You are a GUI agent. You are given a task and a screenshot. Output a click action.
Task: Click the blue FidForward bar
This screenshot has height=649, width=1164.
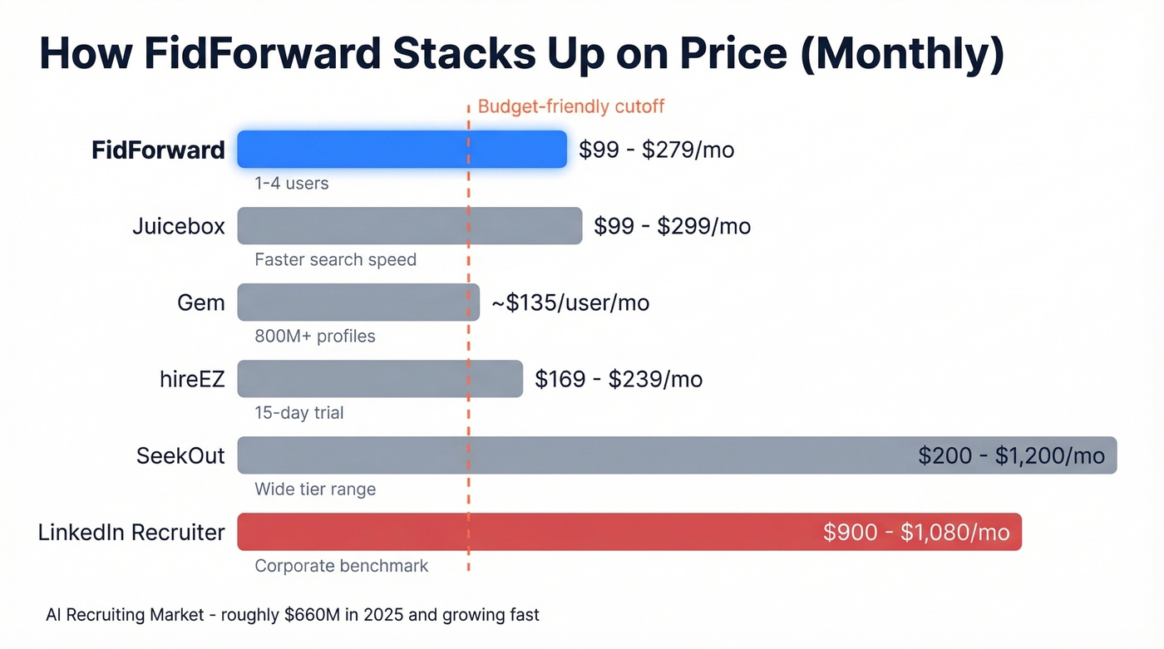tap(402, 150)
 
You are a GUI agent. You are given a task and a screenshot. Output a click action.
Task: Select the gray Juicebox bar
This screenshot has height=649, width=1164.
tap(409, 226)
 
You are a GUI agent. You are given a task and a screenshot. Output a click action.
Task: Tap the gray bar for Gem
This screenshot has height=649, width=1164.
tap(358, 302)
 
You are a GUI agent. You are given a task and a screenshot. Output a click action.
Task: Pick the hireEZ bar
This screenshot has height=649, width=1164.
tap(380, 379)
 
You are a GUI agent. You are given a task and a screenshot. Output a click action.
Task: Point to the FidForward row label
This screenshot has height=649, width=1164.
tap(158, 150)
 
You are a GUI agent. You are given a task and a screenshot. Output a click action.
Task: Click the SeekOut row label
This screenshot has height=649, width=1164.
tap(180, 455)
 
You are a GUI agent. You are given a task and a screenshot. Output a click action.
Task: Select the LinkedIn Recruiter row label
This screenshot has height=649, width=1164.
tap(131, 532)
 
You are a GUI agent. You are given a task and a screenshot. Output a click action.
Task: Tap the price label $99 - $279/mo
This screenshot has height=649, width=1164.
tap(656, 150)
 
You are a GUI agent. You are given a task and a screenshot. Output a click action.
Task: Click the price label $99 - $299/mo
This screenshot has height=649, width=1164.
tap(672, 226)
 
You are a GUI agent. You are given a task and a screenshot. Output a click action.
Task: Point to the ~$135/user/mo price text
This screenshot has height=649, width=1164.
tap(570, 302)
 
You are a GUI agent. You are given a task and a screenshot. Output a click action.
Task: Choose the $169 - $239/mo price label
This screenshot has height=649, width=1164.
tap(619, 379)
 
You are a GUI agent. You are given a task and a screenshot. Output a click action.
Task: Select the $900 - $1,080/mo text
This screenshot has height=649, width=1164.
tap(916, 532)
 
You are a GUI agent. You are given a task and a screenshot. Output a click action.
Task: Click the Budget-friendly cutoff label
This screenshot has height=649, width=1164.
tap(571, 106)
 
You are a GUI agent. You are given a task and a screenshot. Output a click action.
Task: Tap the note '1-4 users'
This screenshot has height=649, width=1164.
tap(291, 184)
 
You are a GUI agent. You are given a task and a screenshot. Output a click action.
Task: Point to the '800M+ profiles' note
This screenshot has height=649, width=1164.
tap(314, 337)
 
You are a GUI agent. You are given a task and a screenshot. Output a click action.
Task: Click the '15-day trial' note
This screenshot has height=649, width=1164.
tap(298, 413)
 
